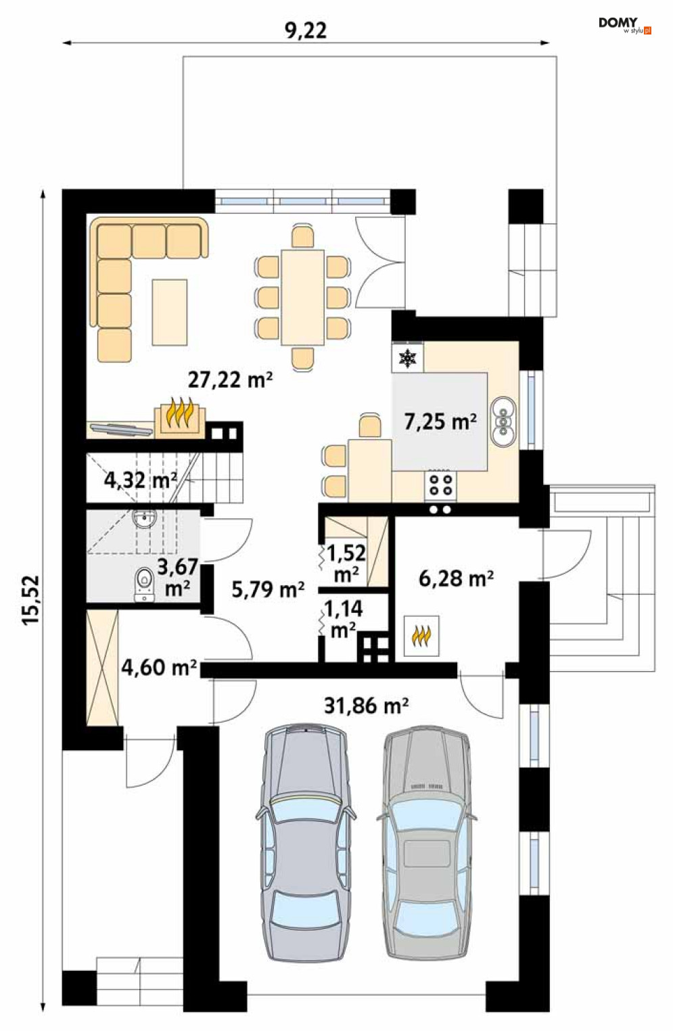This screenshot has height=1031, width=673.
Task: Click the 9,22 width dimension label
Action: [306, 31]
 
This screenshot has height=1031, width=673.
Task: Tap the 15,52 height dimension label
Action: [32, 600]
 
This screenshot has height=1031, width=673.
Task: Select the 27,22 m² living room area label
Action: [230, 380]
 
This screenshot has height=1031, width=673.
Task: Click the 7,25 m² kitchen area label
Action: [440, 421]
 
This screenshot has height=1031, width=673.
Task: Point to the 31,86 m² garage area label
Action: [366, 705]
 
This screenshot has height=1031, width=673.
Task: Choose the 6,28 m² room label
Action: [456, 578]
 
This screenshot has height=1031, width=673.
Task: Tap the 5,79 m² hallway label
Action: [268, 589]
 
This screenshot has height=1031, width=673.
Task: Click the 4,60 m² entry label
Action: [159, 668]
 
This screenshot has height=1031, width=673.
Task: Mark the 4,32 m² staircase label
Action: [141, 480]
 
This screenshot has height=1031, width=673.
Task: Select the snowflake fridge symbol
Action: [407, 358]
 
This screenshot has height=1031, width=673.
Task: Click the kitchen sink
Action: [503, 421]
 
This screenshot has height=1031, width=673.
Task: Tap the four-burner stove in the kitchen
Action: [440, 485]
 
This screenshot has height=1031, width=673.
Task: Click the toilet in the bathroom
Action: [145, 583]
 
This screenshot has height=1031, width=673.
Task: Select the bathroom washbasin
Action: [145, 519]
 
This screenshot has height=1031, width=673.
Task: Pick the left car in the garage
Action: [306, 865]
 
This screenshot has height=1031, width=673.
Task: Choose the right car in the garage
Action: [427, 865]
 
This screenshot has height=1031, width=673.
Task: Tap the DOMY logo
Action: [625, 25]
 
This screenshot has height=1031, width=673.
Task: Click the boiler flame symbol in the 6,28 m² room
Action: [421, 636]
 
